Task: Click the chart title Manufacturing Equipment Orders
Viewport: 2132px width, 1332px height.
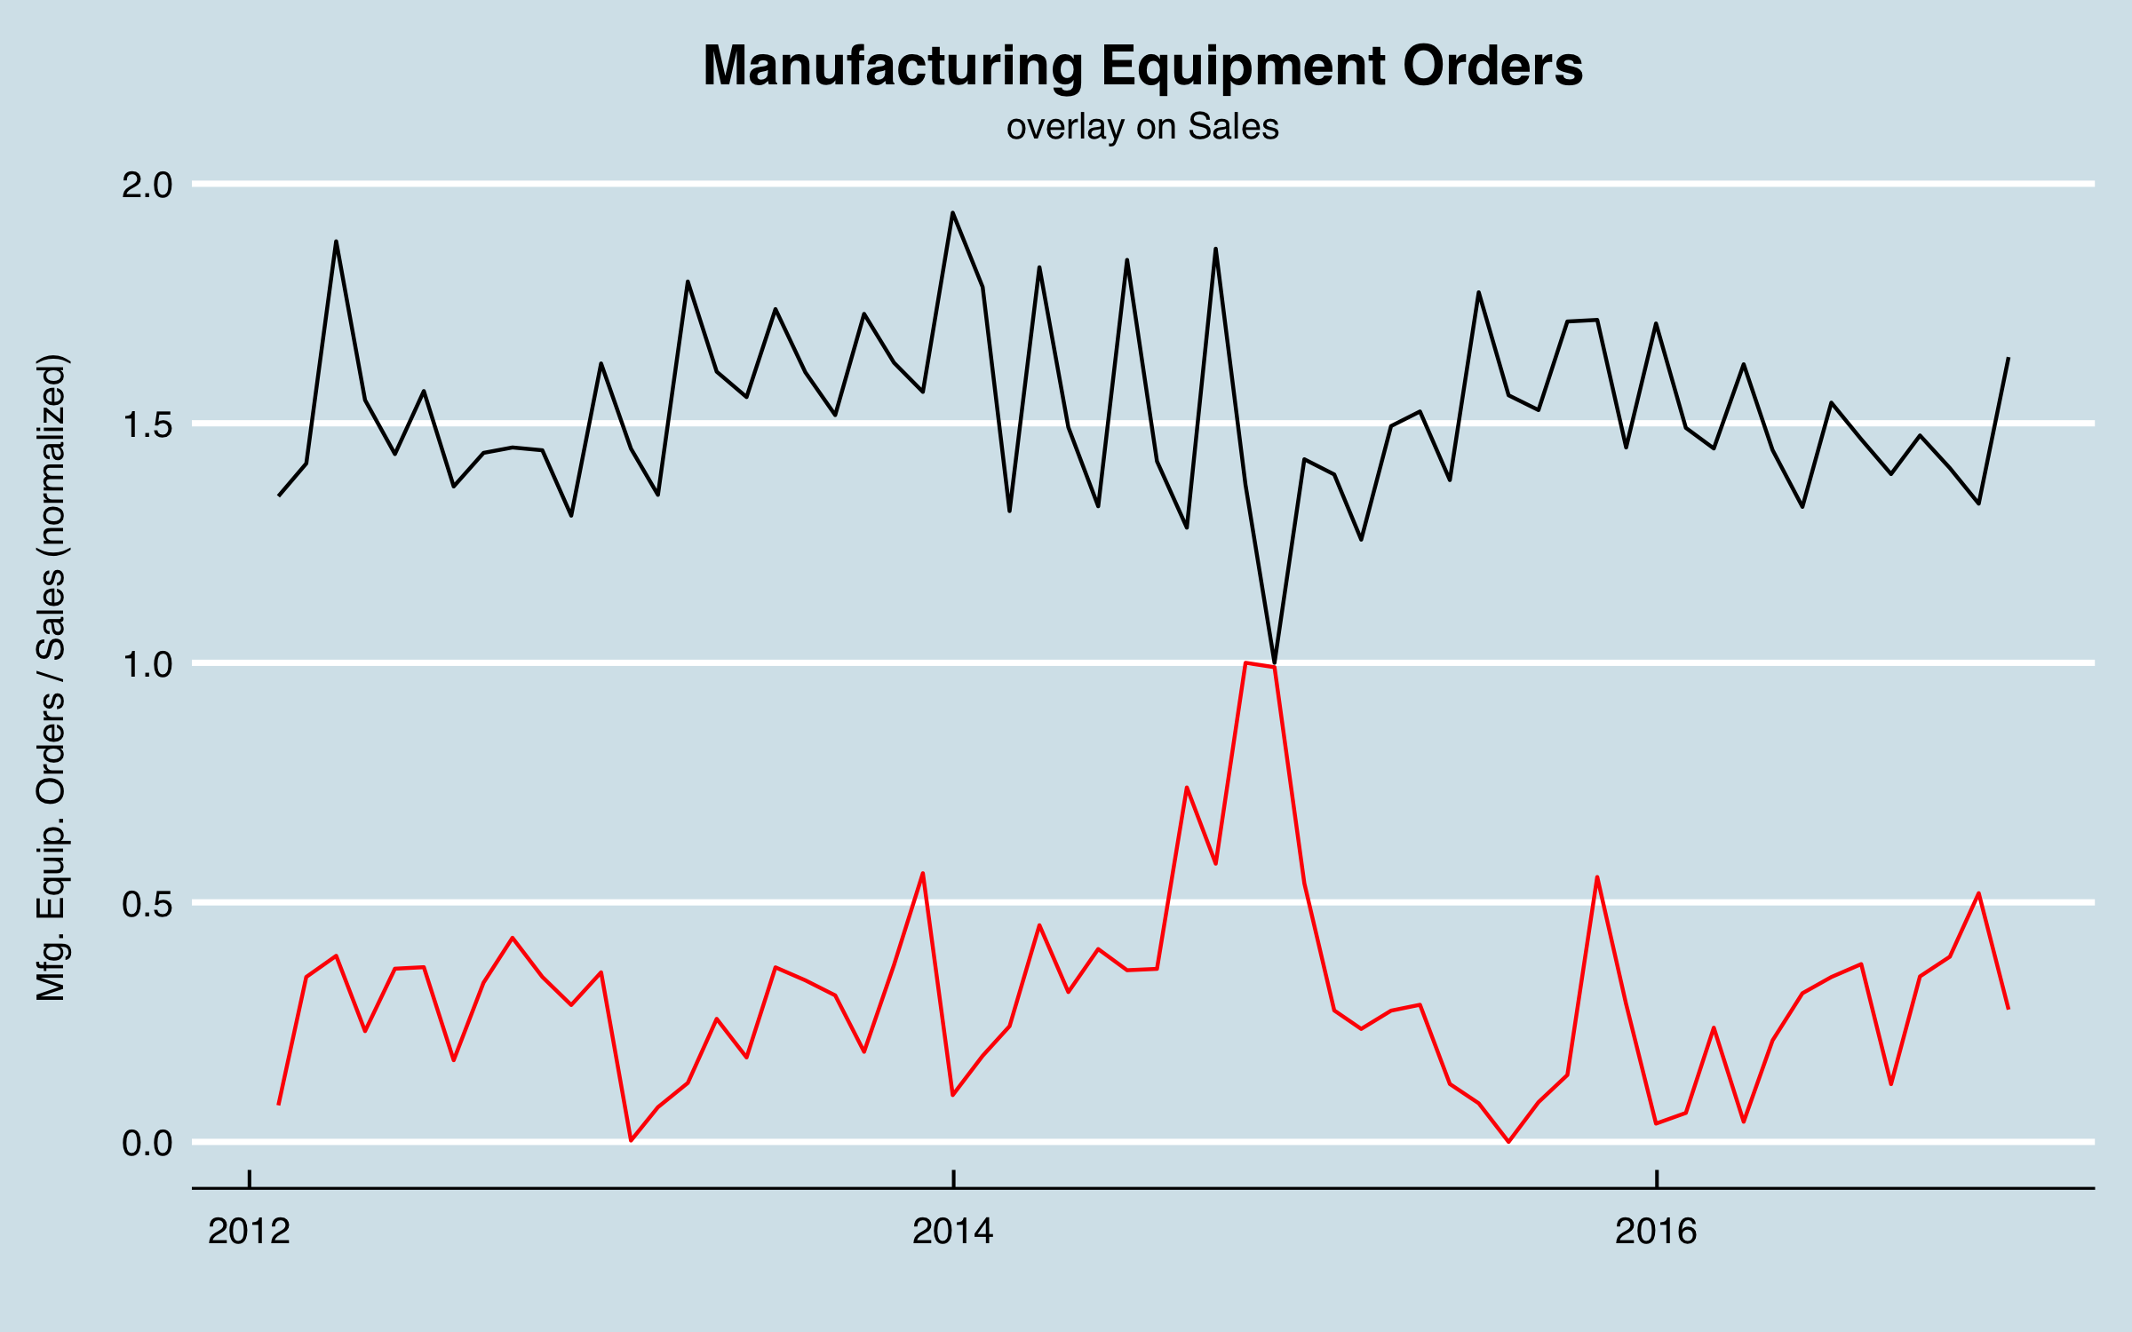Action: click(x=1142, y=66)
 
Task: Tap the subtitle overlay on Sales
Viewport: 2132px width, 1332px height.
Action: click(x=1142, y=127)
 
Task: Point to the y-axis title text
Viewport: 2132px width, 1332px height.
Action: click(x=52, y=678)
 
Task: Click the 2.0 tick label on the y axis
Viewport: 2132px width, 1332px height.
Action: click(x=147, y=185)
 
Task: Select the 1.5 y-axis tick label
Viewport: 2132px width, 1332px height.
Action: click(x=147, y=424)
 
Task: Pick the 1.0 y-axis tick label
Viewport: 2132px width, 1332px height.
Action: click(x=147, y=664)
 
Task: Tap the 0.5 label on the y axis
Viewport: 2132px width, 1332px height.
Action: click(x=147, y=904)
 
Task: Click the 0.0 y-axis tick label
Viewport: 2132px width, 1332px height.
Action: click(x=147, y=1143)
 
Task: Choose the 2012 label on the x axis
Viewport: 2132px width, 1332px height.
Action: click(x=249, y=1232)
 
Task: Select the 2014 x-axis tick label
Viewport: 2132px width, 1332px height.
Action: click(x=953, y=1232)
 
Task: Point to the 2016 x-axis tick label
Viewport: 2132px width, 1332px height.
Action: click(x=1656, y=1232)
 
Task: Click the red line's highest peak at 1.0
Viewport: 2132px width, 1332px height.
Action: click(x=1245, y=662)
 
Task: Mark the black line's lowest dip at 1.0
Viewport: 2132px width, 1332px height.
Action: click(x=1275, y=663)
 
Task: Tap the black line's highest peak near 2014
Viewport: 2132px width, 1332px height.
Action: click(x=952, y=213)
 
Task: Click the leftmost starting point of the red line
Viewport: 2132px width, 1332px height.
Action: click(x=279, y=1104)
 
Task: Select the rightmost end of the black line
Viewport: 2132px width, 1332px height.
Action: click(x=2009, y=358)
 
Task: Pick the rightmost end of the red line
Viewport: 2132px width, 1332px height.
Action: click(x=2009, y=1009)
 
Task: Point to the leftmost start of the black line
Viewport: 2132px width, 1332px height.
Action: click(x=279, y=496)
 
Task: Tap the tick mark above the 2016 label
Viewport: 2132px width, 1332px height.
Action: click(x=1657, y=1178)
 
